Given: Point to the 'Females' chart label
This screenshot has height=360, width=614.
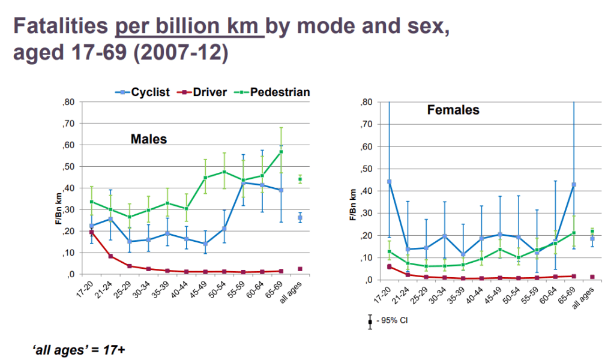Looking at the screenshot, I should coord(453,110).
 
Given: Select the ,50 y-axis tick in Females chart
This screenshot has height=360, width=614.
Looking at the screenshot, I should coord(366,169).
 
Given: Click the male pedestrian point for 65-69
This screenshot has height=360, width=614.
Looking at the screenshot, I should coord(281,152).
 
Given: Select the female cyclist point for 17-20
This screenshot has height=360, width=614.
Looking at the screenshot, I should coord(389,182).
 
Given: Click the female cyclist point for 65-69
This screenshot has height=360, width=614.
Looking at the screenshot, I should coord(574,185).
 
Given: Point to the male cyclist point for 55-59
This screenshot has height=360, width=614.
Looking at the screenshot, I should coord(243,183).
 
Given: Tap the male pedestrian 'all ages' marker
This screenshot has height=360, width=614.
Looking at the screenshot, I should coord(300,179).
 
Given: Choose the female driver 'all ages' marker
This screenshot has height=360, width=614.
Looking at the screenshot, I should coord(592,277).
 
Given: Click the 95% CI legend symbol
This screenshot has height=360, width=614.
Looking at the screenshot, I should coord(370,322).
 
